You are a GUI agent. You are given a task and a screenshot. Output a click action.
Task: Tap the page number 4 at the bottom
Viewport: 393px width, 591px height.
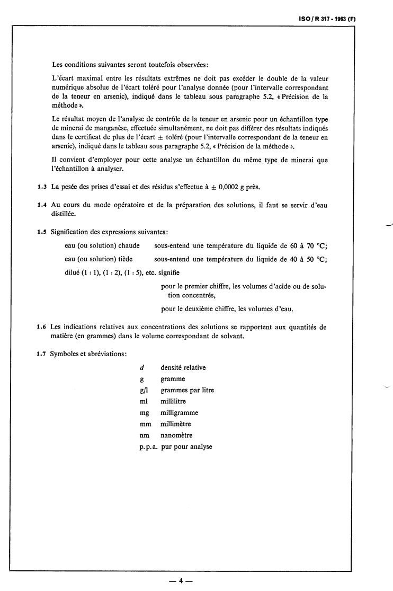click(x=180, y=580)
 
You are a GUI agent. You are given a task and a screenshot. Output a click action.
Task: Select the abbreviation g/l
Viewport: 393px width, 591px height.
click(x=144, y=390)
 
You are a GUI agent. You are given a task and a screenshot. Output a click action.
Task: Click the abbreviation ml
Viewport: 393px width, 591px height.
click(x=143, y=401)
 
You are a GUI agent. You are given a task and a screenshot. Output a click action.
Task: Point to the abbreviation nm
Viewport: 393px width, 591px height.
click(x=144, y=435)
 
